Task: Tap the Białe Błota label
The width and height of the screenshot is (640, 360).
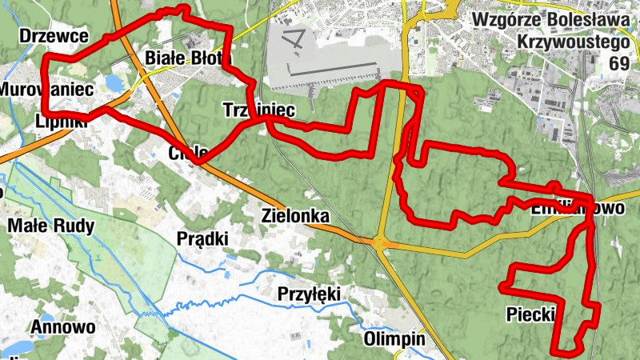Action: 187,58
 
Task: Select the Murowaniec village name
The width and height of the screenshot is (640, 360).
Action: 48,89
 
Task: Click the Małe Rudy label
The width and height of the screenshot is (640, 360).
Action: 50,226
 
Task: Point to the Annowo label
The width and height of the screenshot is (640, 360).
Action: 63,327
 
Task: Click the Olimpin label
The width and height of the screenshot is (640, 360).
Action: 394,339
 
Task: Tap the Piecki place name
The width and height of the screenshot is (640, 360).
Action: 530,314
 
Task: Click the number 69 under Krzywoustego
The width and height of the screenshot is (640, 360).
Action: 618,63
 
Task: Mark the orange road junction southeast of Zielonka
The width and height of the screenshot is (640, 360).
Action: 381,242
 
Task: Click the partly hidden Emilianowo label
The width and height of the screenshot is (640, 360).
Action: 566,209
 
